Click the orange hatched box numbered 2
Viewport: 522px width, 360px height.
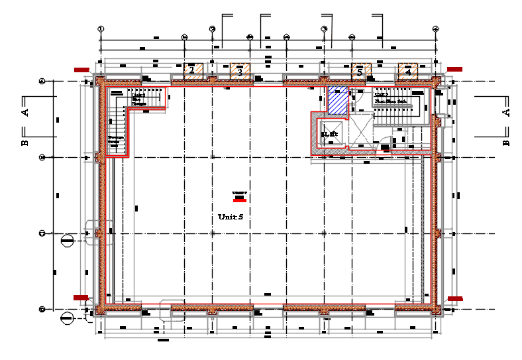click(192, 70)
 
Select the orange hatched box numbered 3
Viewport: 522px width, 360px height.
click(240, 70)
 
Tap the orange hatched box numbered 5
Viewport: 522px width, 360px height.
click(361, 70)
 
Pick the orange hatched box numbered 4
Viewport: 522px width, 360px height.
click(408, 70)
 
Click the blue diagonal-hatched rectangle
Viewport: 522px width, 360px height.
click(337, 99)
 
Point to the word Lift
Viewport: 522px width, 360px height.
click(331, 134)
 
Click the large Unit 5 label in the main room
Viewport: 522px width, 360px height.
click(231, 217)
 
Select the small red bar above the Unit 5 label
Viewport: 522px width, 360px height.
click(239, 198)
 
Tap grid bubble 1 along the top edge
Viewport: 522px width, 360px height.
click(101, 29)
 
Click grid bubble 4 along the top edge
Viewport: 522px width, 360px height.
click(436, 29)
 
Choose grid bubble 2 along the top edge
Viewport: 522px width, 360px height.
click(212, 29)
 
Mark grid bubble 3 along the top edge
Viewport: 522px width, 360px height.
click(325, 29)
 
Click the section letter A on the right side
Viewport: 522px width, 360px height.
click(506, 112)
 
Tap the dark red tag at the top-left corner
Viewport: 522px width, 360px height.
click(81, 69)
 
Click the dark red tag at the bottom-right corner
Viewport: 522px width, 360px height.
click(455, 299)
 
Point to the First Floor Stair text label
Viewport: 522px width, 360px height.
click(390, 101)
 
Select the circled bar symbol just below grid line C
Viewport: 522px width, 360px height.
click(67, 241)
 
